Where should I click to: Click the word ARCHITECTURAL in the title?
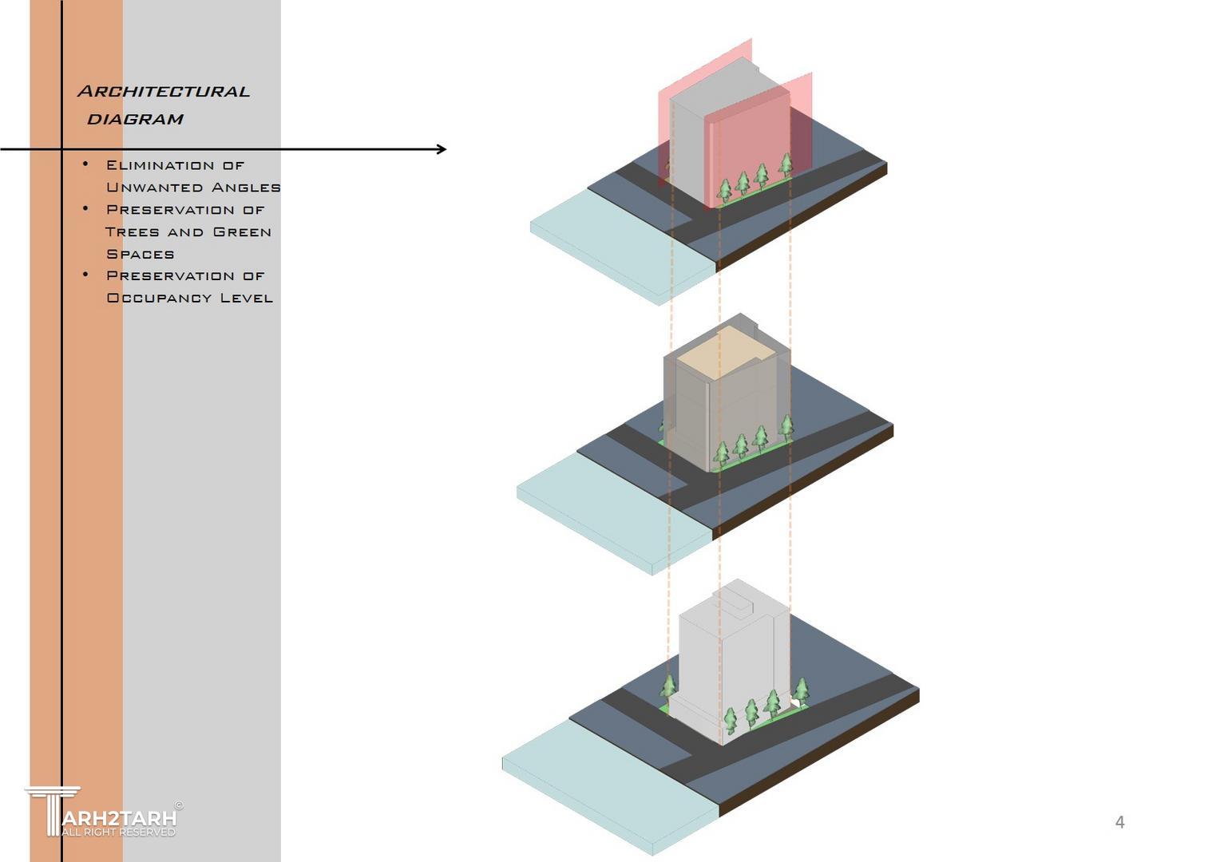[164, 92]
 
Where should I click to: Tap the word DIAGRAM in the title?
[135, 120]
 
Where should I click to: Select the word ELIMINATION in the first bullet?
[160, 165]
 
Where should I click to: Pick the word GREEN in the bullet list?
[242, 232]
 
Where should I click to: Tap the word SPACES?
[141, 255]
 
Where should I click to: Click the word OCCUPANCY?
[160, 299]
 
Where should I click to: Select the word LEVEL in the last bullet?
[247, 299]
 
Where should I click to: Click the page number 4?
[1119, 822]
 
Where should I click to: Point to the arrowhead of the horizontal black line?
[442, 149]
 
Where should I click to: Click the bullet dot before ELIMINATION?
[85, 164]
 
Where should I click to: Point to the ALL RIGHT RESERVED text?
[118, 832]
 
